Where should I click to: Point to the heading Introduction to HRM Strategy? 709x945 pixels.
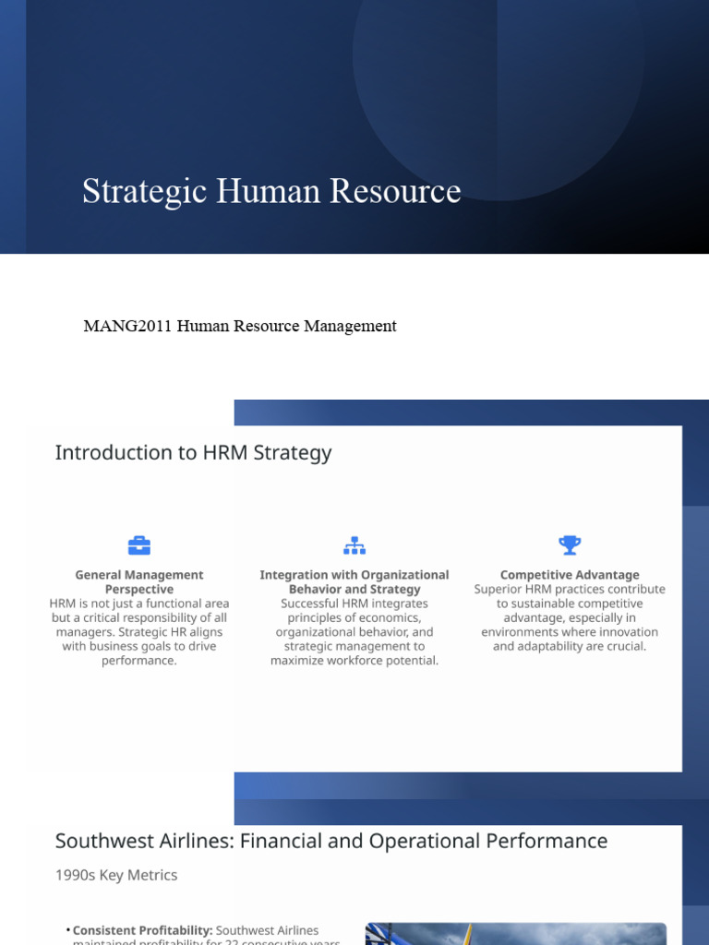193,452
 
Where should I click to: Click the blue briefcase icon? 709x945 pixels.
139,545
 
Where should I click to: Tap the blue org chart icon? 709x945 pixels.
354,545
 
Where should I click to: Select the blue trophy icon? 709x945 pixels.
570,544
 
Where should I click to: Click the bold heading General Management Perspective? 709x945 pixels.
139,581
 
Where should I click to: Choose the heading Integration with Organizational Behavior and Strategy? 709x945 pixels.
354,581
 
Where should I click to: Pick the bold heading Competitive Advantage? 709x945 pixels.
570,575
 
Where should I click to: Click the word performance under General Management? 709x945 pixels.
139,661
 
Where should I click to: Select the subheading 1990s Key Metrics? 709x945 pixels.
116,875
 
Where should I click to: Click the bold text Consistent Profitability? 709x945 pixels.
142,930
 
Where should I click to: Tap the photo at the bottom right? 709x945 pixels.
515,934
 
